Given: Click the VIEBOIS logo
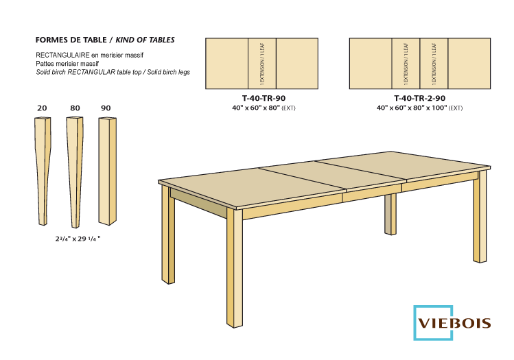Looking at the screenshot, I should click(453, 322).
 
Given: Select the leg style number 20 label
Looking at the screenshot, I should click(42, 108).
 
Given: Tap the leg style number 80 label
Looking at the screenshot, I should click(75, 108).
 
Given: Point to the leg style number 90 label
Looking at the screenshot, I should click(106, 108).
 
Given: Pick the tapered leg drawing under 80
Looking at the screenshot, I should click(74, 171).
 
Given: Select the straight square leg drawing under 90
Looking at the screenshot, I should click(106, 171).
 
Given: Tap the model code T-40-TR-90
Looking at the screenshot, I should click(261, 98).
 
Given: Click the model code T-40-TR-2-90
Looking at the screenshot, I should click(419, 98).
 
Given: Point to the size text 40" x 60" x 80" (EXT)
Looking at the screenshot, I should click(261, 108).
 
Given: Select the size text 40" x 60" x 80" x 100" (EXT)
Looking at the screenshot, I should click(419, 108).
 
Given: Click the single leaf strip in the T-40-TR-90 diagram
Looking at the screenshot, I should click(261, 63).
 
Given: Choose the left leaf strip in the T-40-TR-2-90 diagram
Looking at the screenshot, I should click(406, 63).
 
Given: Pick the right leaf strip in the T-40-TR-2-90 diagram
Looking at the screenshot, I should click(433, 63).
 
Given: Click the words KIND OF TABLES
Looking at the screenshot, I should click(145, 40).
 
